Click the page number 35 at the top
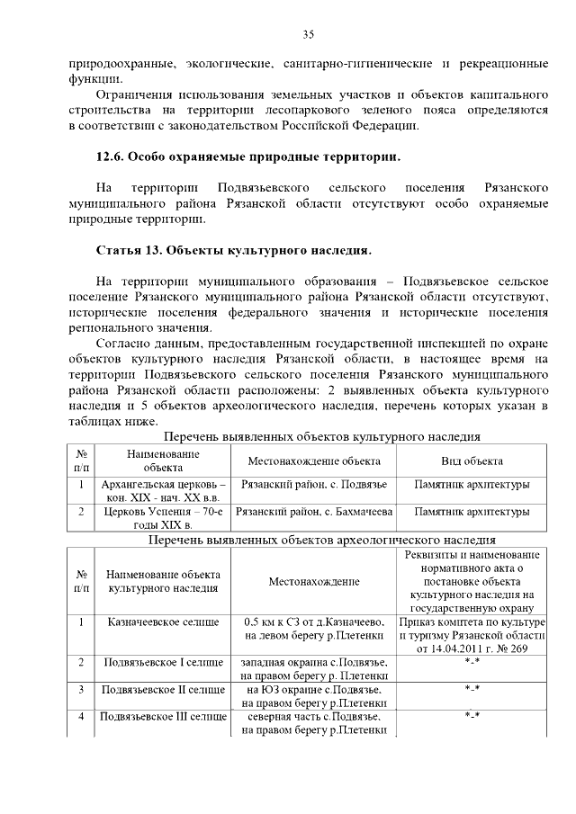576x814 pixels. point(308,35)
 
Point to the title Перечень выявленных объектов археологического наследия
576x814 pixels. point(322,541)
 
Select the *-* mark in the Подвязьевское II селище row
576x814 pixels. point(471,689)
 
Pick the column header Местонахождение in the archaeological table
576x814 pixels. point(314,581)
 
